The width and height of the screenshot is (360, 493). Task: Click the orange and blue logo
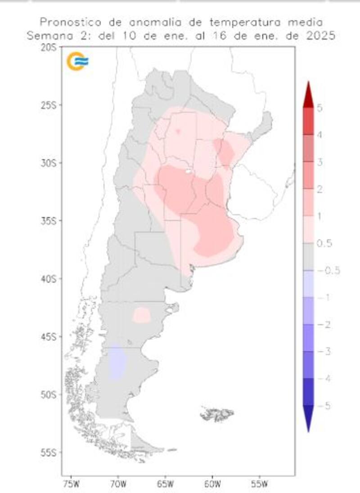point(77,61)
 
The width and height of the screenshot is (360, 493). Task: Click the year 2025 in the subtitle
point(319,36)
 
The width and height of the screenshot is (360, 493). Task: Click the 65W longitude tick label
point(165,484)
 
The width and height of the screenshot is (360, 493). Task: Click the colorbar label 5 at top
point(319,108)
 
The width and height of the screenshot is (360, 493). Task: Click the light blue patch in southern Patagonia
point(117,362)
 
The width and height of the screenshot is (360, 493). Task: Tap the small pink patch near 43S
point(142,315)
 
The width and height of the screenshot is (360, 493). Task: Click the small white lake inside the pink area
point(189,171)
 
